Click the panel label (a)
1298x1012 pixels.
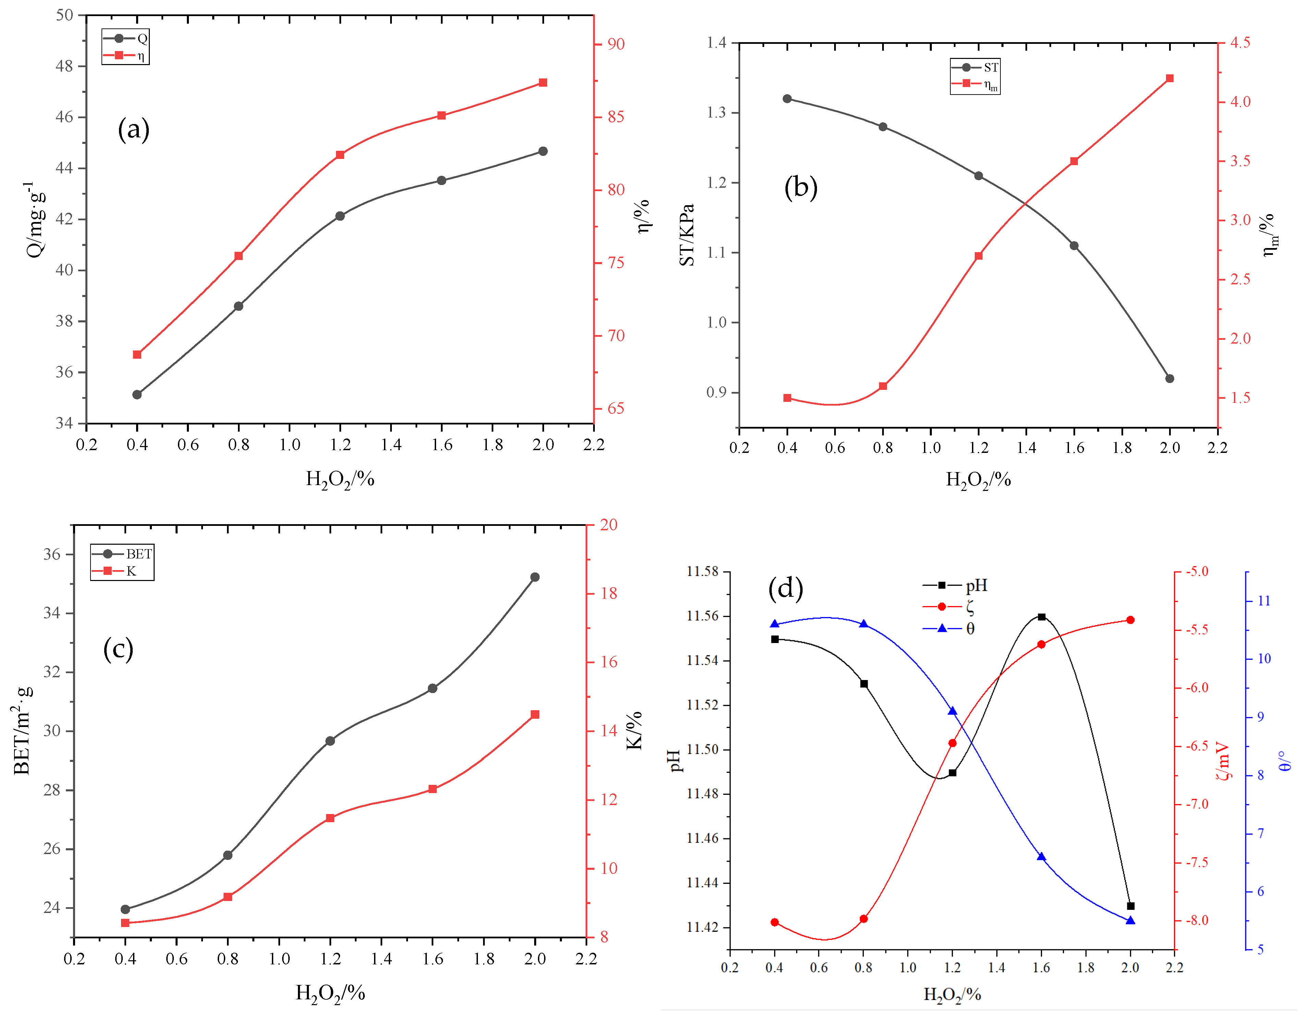(x=134, y=129)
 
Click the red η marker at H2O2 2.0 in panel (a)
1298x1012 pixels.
(x=543, y=83)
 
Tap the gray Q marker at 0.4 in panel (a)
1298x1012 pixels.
(x=137, y=394)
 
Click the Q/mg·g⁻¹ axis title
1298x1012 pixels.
(x=36, y=219)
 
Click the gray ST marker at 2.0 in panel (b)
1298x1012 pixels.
(x=1170, y=378)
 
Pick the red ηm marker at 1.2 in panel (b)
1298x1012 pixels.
(x=978, y=256)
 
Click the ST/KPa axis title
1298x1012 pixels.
(x=687, y=235)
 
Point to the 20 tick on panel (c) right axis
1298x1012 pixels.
(x=608, y=524)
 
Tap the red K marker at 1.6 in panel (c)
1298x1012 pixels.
(x=433, y=789)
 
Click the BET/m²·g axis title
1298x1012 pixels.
(x=23, y=730)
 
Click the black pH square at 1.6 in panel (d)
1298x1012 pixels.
(x=1041, y=616)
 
